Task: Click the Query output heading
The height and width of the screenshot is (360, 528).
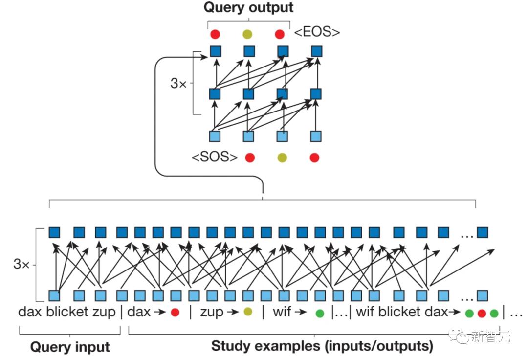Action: tap(248, 8)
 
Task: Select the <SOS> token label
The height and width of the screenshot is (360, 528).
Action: tap(215, 157)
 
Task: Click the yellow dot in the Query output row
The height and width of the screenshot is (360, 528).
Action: tap(248, 34)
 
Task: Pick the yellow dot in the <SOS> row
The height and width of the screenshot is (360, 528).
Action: tap(282, 157)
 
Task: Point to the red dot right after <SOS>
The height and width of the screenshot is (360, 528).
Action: tap(250, 157)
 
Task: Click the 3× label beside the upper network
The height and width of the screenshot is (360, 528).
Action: tap(178, 83)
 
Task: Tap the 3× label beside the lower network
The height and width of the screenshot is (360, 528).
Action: tap(22, 265)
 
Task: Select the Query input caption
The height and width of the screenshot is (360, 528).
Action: tap(70, 347)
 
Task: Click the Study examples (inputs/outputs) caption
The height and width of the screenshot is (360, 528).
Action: tap(322, 346)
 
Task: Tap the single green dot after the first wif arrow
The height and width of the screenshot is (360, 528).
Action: tap(320, 313)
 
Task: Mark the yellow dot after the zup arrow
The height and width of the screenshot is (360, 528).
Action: tap(248, 312)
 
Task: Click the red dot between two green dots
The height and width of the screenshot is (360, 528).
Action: tap(482, 313)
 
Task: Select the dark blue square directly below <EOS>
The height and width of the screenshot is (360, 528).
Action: tap(317, 51)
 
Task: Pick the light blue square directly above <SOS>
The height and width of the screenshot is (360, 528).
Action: tap(215, 136)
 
